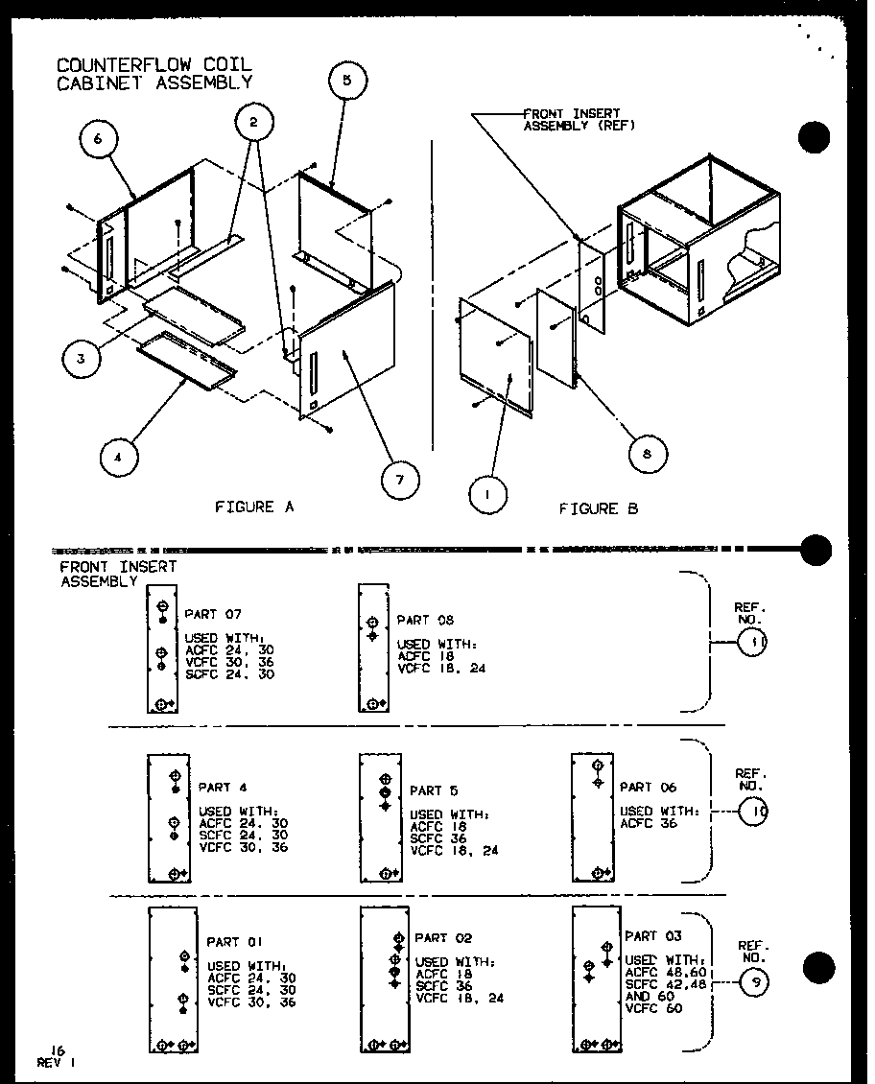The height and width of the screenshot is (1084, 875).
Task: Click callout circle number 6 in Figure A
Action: coord(96,140)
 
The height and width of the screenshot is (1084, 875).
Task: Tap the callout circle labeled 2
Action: coord(253,123)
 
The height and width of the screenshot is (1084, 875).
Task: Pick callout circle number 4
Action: coord(118,459)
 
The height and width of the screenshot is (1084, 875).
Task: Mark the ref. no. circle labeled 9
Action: coord(756,981)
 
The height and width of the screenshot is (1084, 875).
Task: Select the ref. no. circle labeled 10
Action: coord(755,813)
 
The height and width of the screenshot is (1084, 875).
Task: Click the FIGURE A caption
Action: coord(254,507)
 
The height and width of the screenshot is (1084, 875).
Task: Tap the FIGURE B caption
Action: coord(598,508)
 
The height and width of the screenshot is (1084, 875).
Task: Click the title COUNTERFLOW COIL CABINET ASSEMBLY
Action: coord(154,73)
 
